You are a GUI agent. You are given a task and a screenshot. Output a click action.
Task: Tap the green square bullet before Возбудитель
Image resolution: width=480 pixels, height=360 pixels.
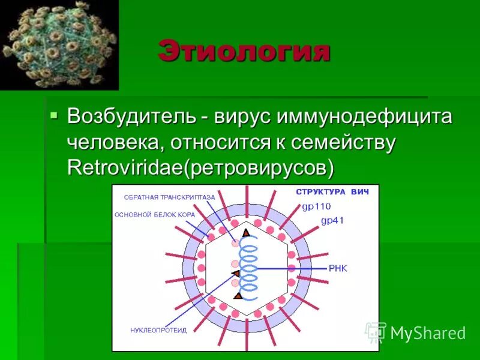[x=54, y=114]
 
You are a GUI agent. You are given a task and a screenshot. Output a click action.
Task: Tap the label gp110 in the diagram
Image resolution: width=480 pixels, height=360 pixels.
[x=316, y=206]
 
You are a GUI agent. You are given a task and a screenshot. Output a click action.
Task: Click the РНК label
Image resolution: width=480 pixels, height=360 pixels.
[x=337, y=268]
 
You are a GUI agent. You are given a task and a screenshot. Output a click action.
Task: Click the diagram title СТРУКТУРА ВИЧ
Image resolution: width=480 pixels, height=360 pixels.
[x=332, y=192]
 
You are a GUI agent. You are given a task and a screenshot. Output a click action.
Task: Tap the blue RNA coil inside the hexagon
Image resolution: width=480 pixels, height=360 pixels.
[x=250, y=267]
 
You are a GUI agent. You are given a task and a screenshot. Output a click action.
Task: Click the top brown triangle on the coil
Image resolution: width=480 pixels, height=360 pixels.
[x=245, y=232]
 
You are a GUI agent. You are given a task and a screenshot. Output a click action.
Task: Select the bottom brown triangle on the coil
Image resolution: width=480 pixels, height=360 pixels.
[x=238, y=295]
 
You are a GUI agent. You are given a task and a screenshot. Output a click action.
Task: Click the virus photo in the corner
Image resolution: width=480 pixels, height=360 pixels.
[x=59, y=45]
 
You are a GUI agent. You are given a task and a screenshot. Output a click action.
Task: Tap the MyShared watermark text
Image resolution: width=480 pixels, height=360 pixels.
[x=427, y=333]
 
